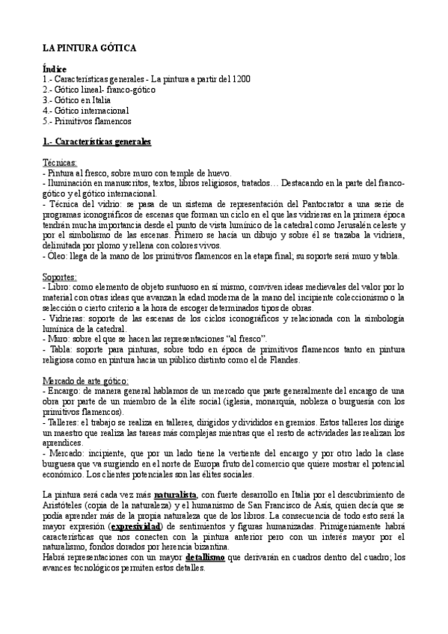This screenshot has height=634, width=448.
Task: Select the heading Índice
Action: pos(55,70)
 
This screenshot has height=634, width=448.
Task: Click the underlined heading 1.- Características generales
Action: pos(97,141)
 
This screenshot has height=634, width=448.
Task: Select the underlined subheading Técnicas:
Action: pos(61,162)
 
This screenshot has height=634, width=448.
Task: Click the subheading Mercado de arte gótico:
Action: pos(86,381)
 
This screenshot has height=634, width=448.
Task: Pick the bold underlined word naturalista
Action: pos(176,494)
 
